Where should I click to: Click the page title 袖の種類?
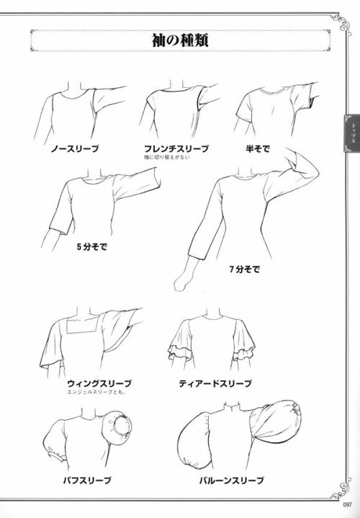[x=181, y=40]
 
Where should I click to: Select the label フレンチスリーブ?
[x=176, y=148]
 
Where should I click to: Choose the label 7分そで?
[x=244, y=269]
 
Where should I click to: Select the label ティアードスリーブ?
[x=215, y=383]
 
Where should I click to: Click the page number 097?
[x=349, y=504]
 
